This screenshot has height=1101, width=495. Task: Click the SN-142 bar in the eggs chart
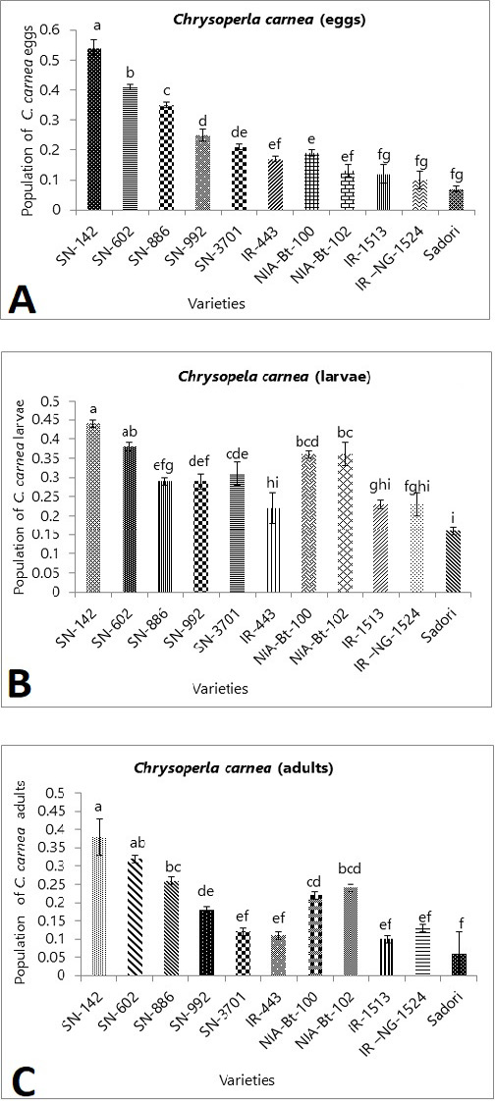click(95, 130)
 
